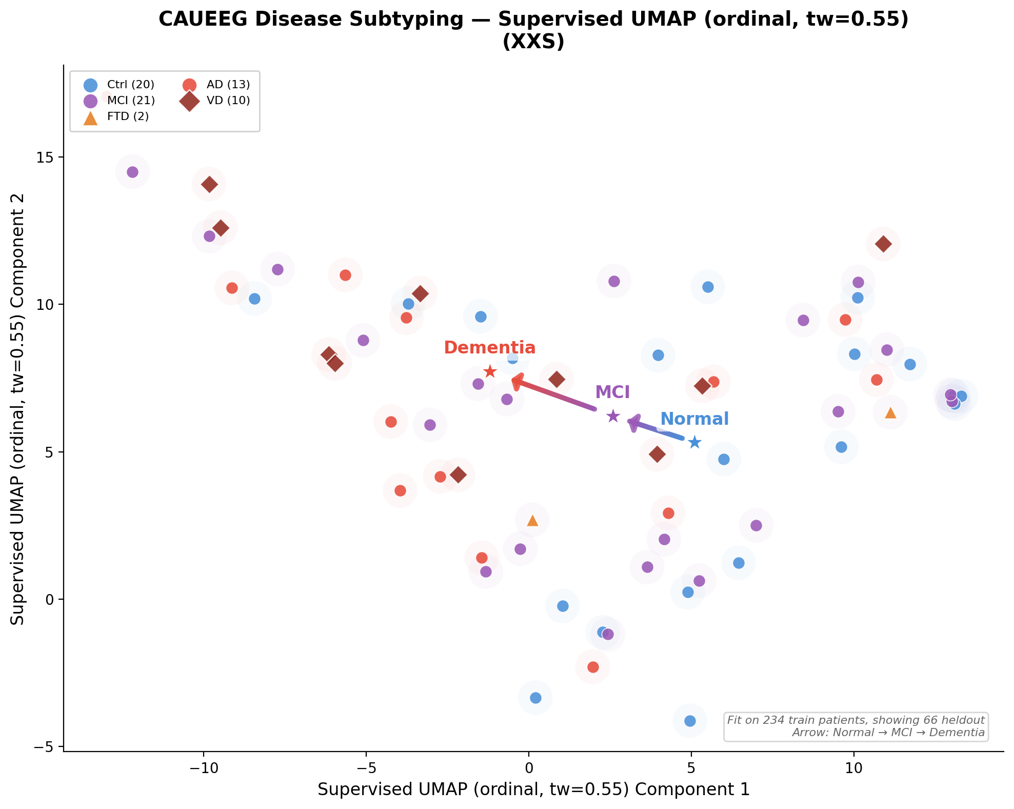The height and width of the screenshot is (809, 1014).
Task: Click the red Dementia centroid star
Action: (490, 371)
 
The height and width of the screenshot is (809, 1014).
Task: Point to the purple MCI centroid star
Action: (613, 416)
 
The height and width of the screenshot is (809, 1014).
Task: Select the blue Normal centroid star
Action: (694, 442)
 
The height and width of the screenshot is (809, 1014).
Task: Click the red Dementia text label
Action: (489, 348)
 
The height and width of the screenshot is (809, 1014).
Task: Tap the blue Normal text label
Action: (694, 419)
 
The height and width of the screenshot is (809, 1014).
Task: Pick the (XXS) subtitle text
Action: (533, 42)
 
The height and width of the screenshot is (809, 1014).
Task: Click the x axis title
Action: (533, 789)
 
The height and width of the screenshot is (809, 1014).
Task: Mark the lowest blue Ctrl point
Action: (690, 721)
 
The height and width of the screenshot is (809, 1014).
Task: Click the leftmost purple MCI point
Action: (132, 172)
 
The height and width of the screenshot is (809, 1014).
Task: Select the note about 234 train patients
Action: (856, 720)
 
